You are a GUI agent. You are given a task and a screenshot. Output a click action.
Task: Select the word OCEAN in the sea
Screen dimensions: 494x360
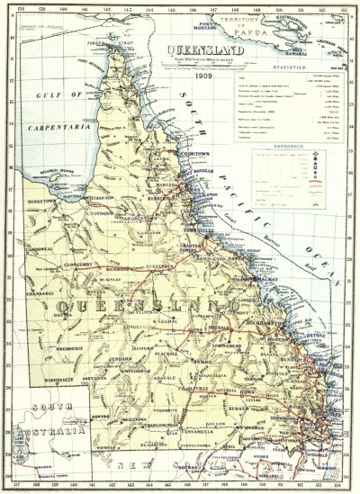point(319,249)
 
